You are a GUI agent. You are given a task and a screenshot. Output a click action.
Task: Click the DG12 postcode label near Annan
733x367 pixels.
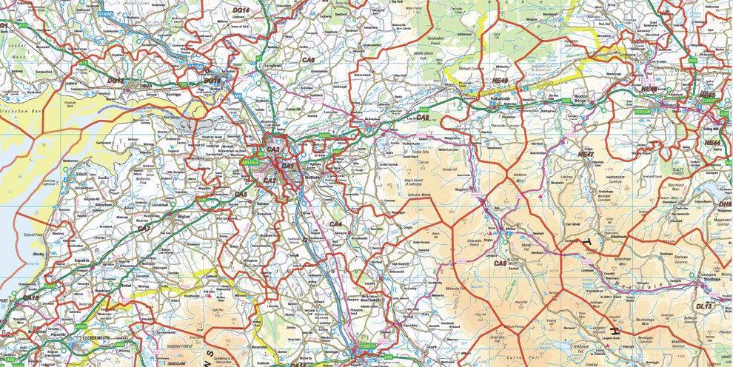[116, 79]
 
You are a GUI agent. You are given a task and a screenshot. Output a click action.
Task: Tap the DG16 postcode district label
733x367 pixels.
[212, 80]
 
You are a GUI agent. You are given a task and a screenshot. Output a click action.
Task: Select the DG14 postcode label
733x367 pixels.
[241, 10]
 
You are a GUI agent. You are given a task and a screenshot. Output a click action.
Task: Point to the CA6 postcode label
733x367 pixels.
[308, 59]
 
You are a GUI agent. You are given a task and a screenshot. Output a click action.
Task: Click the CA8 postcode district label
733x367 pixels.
[422, 117]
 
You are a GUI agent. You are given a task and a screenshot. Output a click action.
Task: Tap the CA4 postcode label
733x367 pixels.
[335, 223]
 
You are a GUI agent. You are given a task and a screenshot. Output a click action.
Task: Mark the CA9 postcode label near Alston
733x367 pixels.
[500, 263]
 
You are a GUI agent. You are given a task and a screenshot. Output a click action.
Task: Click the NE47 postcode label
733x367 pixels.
[586, 154]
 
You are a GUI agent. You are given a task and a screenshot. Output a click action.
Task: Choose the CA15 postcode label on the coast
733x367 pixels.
[30, 297]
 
